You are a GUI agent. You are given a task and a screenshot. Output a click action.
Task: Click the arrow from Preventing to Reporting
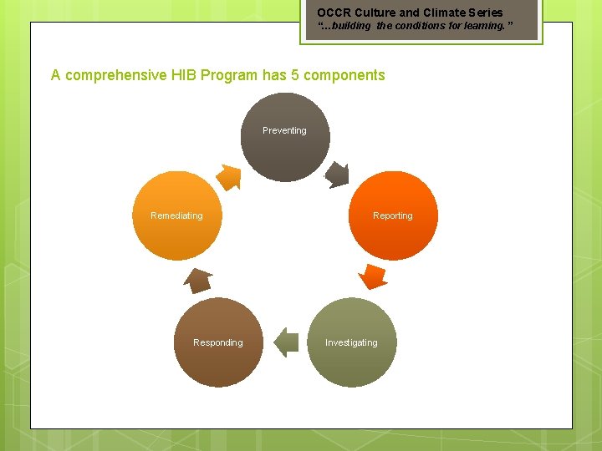(336, 174)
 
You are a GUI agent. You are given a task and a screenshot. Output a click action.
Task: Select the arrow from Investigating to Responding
(286, 342)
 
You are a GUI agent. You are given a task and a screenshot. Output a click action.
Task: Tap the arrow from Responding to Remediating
(198, 280)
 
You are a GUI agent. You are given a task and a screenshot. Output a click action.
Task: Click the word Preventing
(284, 130)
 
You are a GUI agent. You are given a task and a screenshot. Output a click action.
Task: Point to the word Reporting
(393, 215)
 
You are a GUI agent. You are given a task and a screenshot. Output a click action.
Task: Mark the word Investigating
(351, 342)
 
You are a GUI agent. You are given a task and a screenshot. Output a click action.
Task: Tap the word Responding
(217, 342)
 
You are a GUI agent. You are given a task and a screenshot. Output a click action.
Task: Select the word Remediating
(176, 215)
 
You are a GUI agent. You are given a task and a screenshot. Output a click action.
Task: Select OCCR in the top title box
(334, 13)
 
